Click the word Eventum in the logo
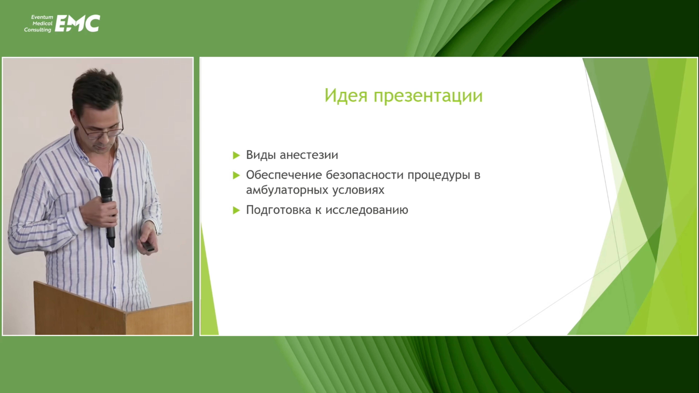42,17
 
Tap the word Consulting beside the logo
38,30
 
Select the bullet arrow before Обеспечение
236,175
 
